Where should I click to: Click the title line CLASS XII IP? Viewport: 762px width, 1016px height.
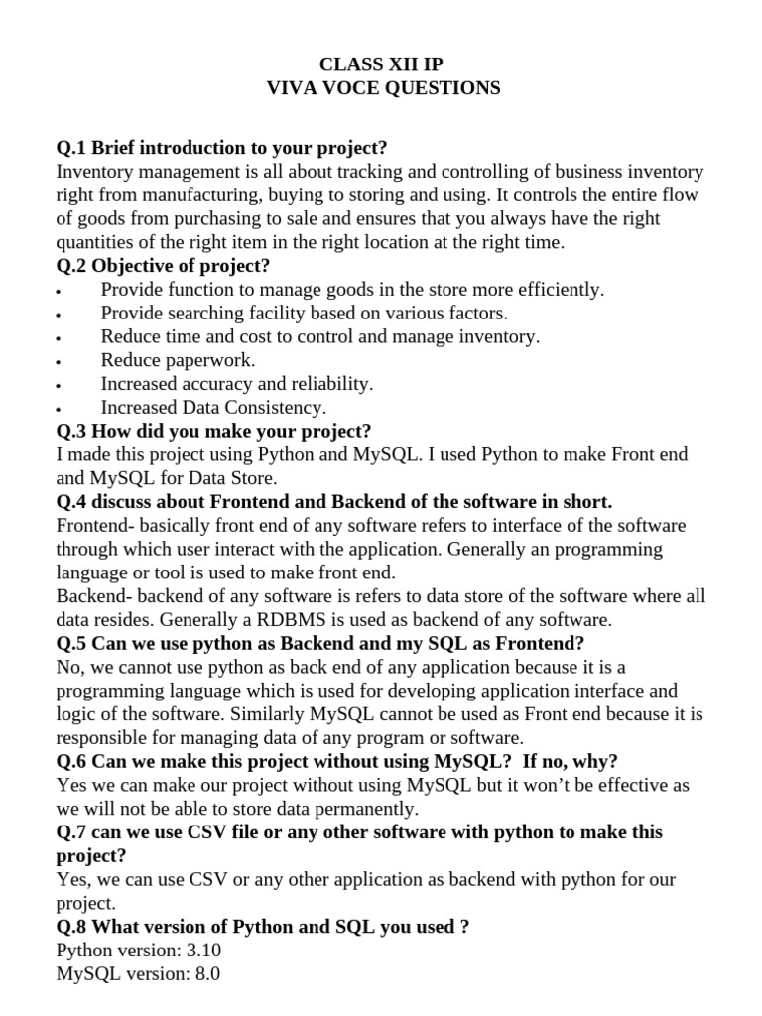click(382, 64)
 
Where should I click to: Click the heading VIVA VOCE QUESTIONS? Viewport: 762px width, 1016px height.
click(383, 89)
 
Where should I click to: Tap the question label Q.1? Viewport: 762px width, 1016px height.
click(72, 149)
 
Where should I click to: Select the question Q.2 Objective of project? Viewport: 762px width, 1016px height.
click(163, 266)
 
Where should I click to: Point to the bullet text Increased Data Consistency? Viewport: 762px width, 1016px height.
click(213, 407)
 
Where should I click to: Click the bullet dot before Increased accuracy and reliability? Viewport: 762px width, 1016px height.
click(60, 386)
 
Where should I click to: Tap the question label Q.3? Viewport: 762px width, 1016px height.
click(72, 431)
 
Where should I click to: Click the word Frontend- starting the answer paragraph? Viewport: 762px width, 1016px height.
click(95, 525)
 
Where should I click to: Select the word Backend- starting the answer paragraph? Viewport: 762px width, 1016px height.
click(94, 596)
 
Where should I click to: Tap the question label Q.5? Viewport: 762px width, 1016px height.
click(72, 643)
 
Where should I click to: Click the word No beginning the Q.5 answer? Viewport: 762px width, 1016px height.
click(67, 667)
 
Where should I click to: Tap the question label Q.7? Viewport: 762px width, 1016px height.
click(72, 831)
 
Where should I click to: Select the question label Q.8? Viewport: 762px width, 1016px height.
click(72, 927)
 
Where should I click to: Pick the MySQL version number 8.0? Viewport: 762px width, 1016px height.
click(206, 974)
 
